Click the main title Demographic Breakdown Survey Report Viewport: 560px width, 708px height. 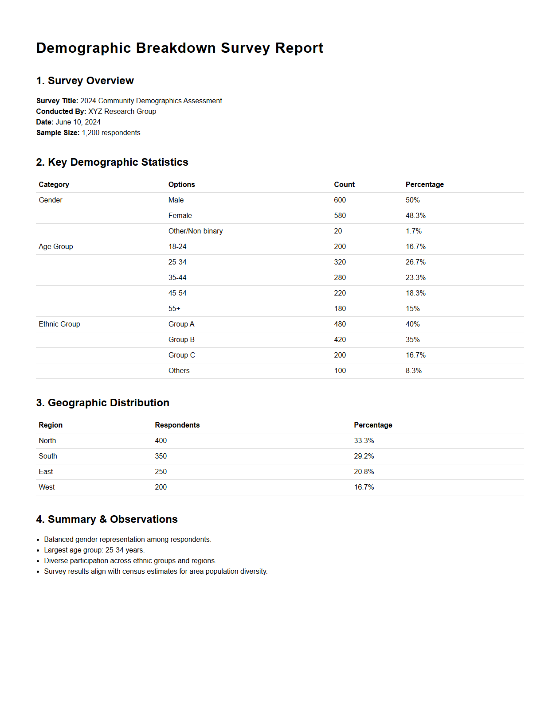pyautogui.click(x=180, y=48)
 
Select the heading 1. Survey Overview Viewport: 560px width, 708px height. pyautogui.click(x=85, y=81)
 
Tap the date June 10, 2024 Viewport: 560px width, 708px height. pyautogui.click(x=78, y=122)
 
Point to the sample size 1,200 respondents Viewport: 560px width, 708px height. pyautogui.click(x=111, y=133)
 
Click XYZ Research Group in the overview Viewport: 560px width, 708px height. pyautogui.click(x=122, y=112)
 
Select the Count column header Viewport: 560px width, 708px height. pyautogui.click(x=344, y=185)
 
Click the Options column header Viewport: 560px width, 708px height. pyautogui.click(x=181, y=185)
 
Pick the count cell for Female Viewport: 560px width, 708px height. pyautogui.click(x=340, y=216)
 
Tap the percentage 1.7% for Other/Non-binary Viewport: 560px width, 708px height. pyautogui.click(x=413, y=231)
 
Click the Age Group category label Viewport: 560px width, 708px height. pyautogui.click(x=56, y=247)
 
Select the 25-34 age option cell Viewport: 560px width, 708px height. pyautogui.click(x=177, y=262)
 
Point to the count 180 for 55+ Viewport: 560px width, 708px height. pyautogui.click(x=340, y=309)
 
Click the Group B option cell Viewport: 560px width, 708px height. pyautogui.click(x=181, y=340)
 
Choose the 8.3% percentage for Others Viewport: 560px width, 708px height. pyautogui.click(x=413, y=371)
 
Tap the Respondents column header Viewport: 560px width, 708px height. pyautogui.click(x=177, y=425)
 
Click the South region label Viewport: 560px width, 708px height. pyautogui.click(x=48, y=456)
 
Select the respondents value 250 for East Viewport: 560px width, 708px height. pyautogui.click(x=161, y=472)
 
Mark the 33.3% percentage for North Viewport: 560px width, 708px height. pyautogui.click(x=364, y=441)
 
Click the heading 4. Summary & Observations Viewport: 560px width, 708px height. pyautogui.click(x=107, y=519)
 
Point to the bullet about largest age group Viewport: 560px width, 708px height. pyautogui.click(x=94, y=550)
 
